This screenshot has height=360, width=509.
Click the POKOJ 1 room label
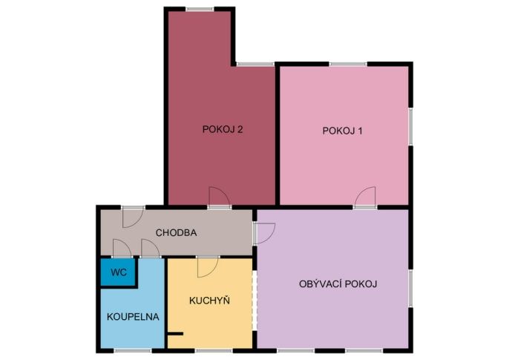click(342, 131)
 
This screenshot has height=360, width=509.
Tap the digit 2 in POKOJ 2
click(240, 129)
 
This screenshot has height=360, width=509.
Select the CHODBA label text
click(176, 233)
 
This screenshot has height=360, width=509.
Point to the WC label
click(119, 272)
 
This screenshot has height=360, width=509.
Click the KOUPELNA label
click(133, 317)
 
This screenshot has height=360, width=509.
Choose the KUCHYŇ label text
click(209, 301)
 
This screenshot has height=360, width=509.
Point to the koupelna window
click(133, 350)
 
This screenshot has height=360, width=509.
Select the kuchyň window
click(214, 350)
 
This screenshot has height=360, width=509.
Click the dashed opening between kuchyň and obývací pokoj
click(254, 300)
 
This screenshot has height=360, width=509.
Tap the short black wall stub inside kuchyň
click(175, 333)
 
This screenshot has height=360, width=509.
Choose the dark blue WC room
click(117, 272)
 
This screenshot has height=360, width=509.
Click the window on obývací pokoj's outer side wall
click(410, 288)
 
